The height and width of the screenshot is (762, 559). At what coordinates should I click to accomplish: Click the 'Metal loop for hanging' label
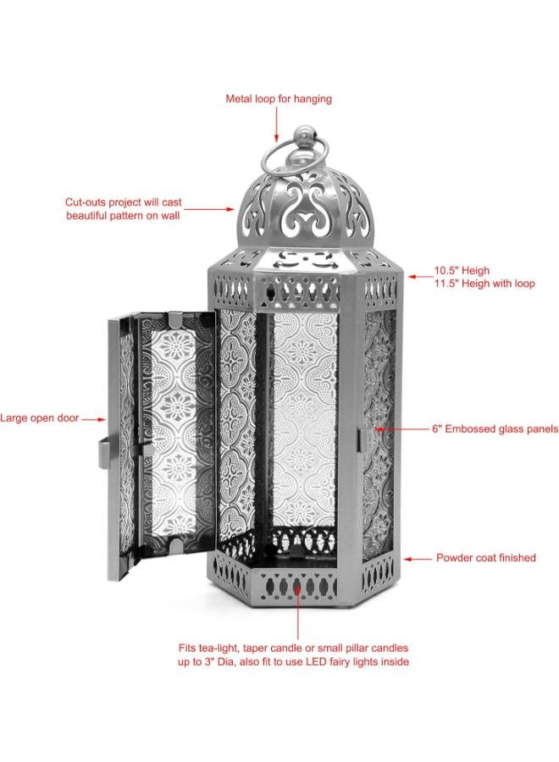click(x=279, y=99)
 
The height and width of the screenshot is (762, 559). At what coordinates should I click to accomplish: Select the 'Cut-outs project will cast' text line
click(x=124, y=202)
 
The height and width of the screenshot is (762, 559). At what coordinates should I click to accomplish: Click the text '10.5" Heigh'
click(x=462, y=271)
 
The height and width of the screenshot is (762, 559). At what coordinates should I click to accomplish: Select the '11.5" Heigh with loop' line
click(x=484, y=284)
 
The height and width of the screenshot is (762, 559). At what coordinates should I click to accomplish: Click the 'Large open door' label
click(x=39, y=418)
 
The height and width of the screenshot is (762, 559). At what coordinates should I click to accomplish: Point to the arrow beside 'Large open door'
click(x=93, y=419)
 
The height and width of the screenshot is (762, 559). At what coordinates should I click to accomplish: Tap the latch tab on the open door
click(x=103, y=455)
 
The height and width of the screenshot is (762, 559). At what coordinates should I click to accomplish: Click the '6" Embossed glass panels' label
click(x=495, y=429)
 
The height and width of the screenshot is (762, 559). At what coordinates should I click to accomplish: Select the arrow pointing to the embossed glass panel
click(x=401, y=429)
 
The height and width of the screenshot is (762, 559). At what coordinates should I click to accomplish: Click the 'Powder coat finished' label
click(x=486, y=558)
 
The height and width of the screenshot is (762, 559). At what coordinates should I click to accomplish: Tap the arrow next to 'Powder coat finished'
click(x=417, y=559)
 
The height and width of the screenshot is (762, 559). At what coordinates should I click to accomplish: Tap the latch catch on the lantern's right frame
click(x=363, y=439)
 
